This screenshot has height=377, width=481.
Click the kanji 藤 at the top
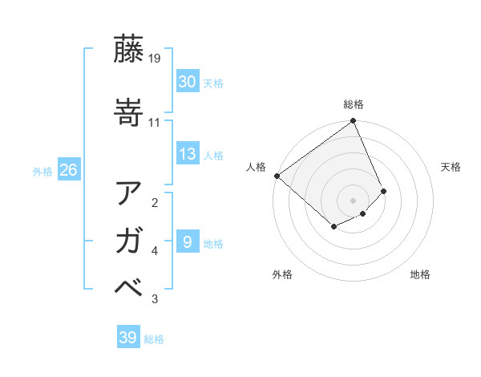[130, 49]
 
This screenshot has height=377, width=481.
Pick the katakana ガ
[130, 241]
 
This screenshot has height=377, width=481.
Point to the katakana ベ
[130, 288]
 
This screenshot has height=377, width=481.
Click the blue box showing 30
[188, 82]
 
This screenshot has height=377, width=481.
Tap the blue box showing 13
[188, 155]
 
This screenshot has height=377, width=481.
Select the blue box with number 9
[188, 242]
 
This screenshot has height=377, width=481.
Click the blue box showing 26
[68, 170]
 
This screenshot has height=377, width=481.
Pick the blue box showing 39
[128, 338]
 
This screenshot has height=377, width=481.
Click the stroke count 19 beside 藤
[155, 59]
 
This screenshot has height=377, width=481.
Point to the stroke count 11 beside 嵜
[155, 122]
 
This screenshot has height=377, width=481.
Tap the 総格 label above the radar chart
[354, 104]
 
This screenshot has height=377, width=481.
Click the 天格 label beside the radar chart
[451, 167]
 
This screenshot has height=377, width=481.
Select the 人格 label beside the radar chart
[257, 167]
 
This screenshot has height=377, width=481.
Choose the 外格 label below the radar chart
[282, 275]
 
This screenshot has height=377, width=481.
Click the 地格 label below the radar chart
[420, 275]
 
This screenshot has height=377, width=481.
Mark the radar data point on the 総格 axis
[354, 122]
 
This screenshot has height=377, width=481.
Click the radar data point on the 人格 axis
[277, 176]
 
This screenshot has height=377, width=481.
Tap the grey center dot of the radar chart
[353, 200]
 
